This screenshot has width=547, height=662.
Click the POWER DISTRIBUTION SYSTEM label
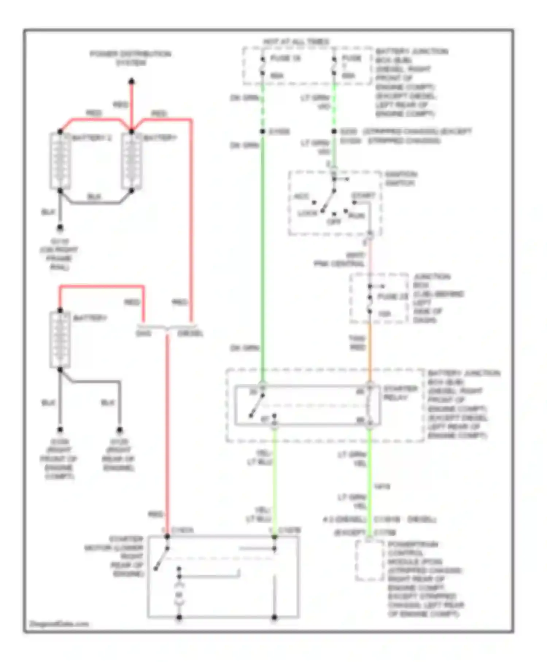[x=131, y=58]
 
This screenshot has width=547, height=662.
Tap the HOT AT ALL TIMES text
[x=296, y=42]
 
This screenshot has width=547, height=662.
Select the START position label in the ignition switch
[x=363, y=196]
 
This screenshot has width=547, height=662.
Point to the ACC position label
[x=301, y=197]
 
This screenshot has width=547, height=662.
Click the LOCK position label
[x=307, y=213]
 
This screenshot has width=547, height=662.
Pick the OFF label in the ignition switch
[x=334, y=222]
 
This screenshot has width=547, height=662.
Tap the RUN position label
[x=357, y=216]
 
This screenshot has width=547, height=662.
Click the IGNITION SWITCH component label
[x=401, y=179]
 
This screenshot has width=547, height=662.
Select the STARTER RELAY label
[x=400, y=393]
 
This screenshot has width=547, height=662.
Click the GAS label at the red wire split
[x=143, y=334]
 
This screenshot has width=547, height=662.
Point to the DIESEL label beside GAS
[x=190, y=334]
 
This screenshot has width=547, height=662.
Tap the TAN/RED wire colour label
[x=357, y=343]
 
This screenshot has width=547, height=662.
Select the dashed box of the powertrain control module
[x=369, y=561]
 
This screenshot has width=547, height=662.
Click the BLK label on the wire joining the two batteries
[x=94, y=197]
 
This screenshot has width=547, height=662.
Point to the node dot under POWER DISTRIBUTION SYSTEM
[x=132, y=81]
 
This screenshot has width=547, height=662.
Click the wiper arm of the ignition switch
[x=329, y=200]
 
